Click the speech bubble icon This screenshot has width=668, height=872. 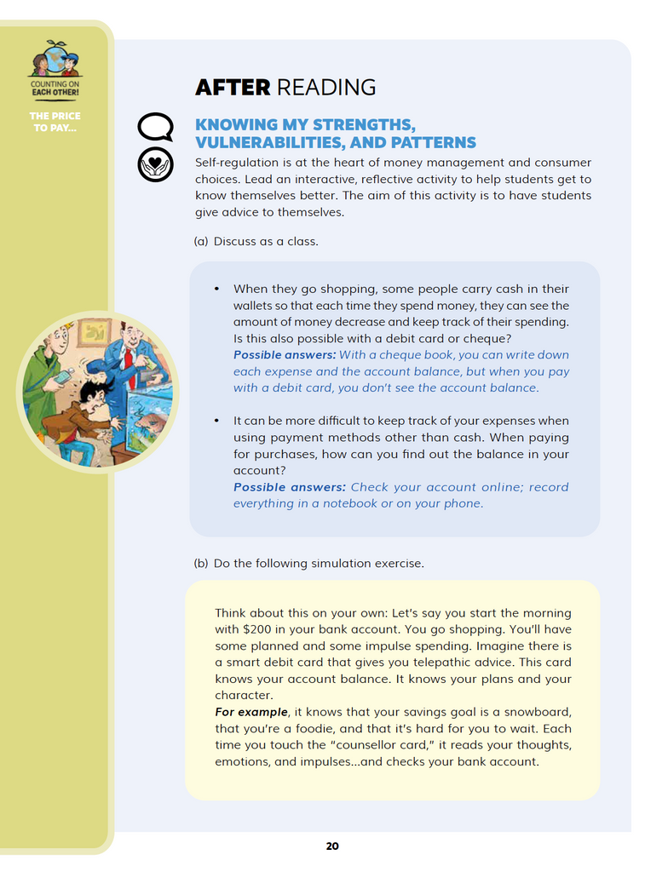pyautogui.click(x=155, y=128)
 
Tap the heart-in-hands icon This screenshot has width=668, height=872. pyautogui.click(x=155, y=164)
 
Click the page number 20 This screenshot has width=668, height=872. pyautogui.click(x=332, y=846)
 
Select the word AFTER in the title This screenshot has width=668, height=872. pyautogui.click(x=233, y=87)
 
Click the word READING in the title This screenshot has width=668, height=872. pyautogui.click(x=326, y=87)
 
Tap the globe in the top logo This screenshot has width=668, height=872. pyautogui.click(x=55, y=58)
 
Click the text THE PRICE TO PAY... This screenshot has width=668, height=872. pyautogui.click(x=55, y=122)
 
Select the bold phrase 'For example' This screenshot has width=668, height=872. pyautogui.click(x=250, y=712)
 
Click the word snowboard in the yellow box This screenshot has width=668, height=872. pyautogui.click(x=538, y=712)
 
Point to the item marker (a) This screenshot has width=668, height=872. pyautogui.click(x=201, y=241)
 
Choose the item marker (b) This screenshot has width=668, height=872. pyautogui.click(x=201, y=563)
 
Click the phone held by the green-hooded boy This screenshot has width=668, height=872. pyautogui.click(x=62, y=376)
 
